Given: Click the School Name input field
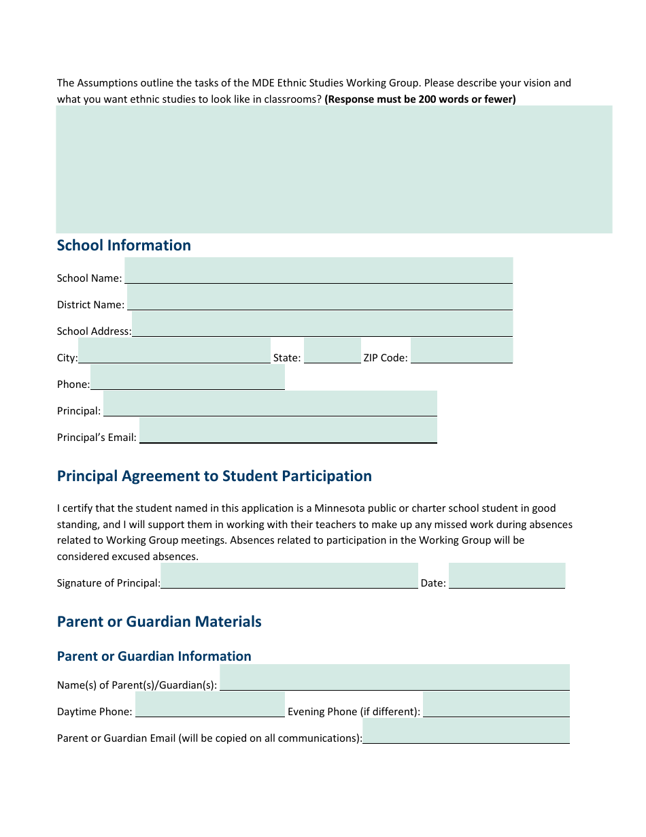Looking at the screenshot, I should point(318,270).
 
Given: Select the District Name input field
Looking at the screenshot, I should point(320,297).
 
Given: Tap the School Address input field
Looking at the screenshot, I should point(322,324).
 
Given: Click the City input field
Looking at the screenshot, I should point(174,350).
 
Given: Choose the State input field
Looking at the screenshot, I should point(332,350).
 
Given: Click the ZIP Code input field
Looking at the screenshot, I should point(461,350).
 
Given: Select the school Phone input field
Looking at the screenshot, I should point(187,377).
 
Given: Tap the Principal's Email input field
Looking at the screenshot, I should point(288,430).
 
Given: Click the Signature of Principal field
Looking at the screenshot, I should point(289,576).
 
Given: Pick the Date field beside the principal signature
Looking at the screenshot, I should point(507,576).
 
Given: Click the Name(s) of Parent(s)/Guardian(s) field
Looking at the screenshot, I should point(394,678).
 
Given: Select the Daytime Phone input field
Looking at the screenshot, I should point(209,704).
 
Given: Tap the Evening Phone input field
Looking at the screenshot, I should point(496,704).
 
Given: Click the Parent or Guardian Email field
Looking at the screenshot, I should point(466,731).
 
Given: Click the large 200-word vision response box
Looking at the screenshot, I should point(334,169).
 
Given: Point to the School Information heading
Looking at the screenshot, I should point(124,246).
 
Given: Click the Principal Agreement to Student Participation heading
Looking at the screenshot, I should point(214,476).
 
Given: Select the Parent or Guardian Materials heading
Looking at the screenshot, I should point(159,622).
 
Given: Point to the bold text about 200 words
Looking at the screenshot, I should point(420,99).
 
